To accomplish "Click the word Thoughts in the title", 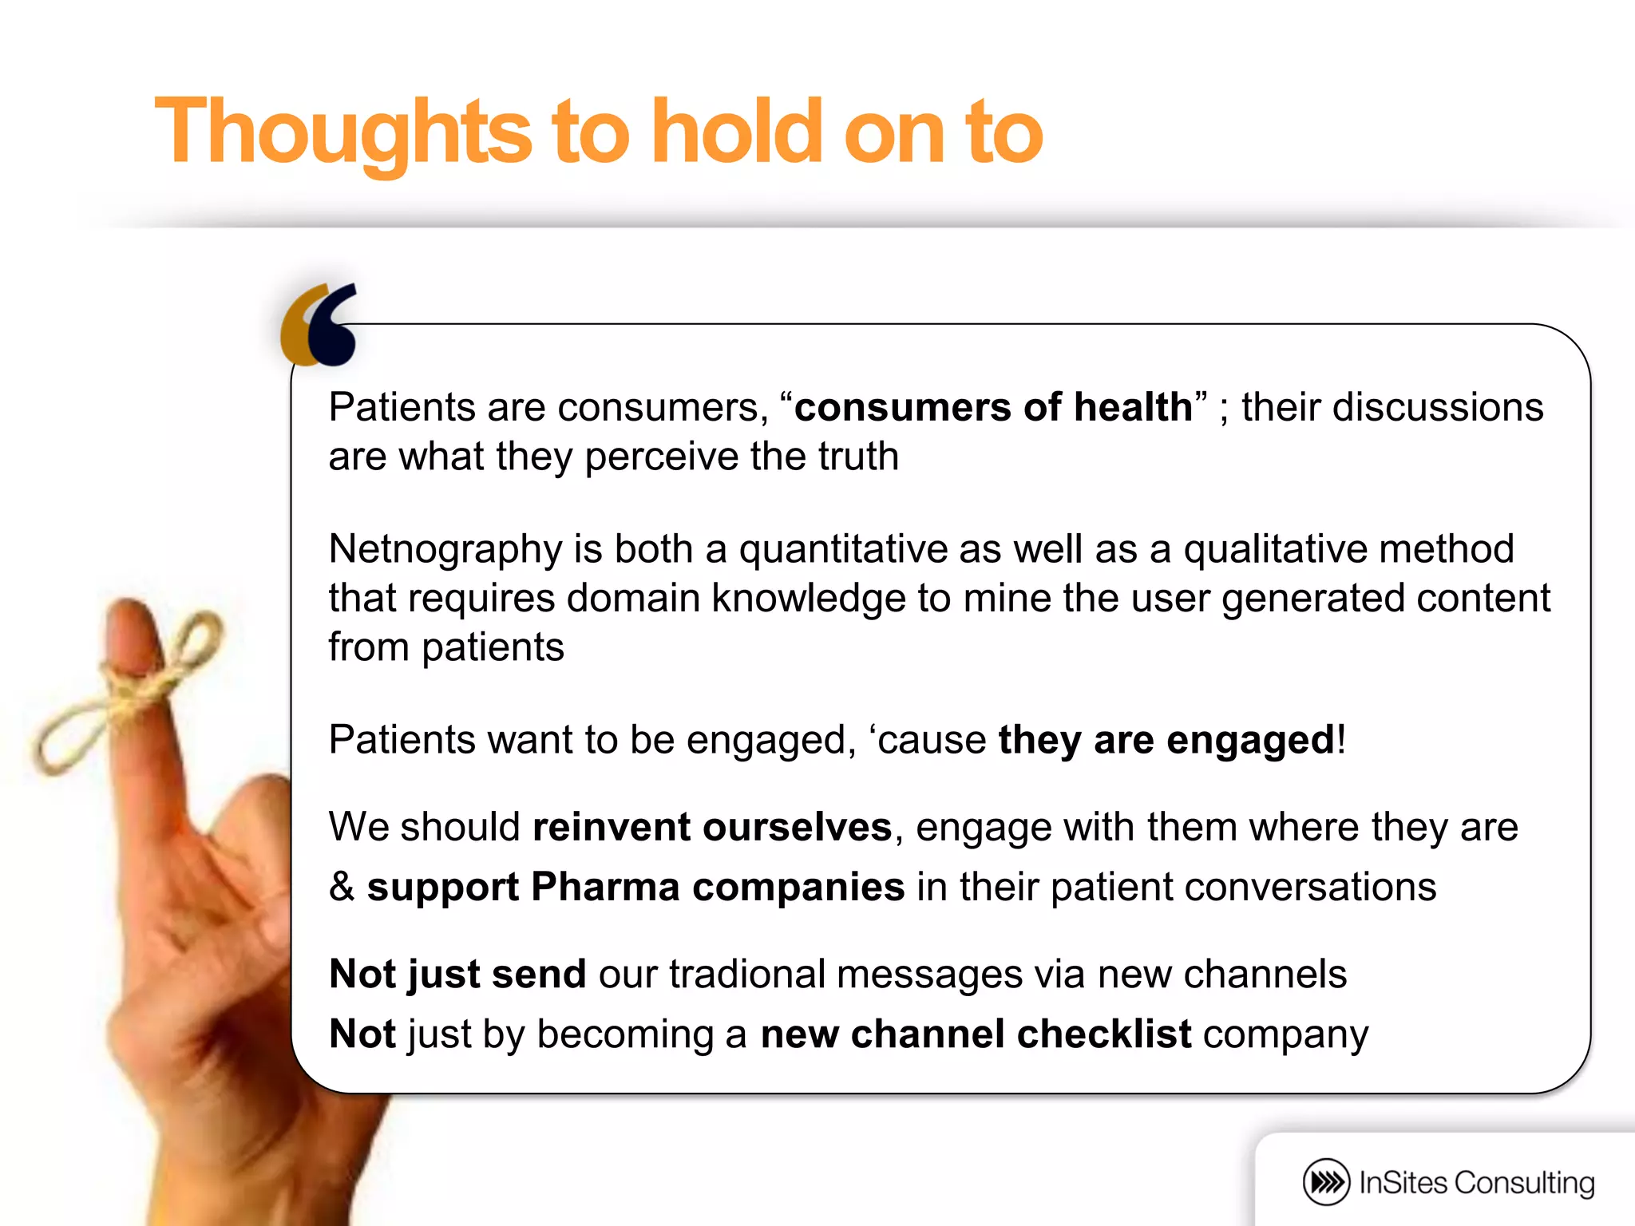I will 343,132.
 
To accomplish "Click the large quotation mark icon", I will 319,324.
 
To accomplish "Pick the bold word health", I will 1133,407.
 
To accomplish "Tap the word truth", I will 857,457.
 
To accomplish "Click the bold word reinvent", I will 612,827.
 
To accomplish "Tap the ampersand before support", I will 342,887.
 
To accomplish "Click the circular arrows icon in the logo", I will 1326,1182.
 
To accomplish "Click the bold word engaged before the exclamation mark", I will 1250,740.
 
